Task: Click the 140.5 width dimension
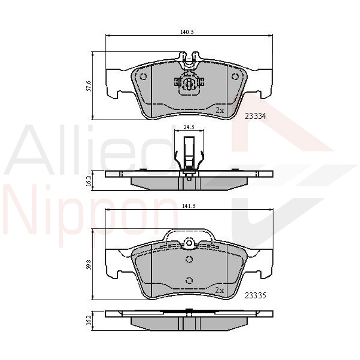(x=186, y=32)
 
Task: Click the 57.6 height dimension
(x=89, y=85)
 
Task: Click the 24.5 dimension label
(x=188, y=127)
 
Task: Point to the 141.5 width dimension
(x=189, y=206)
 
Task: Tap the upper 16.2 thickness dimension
(x=89, y=181)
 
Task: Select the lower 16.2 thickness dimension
(x=89, y=320)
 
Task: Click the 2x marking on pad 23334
(x=220, y=110)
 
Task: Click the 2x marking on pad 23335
(x=220, y=290)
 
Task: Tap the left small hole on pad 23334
(x=143, y=77)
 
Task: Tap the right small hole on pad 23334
(x=235, y=76)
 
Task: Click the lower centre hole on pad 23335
(x=189, y=280)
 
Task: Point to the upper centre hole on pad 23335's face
(x=189, y=260)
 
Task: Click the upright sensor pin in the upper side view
(x=189, y=152)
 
